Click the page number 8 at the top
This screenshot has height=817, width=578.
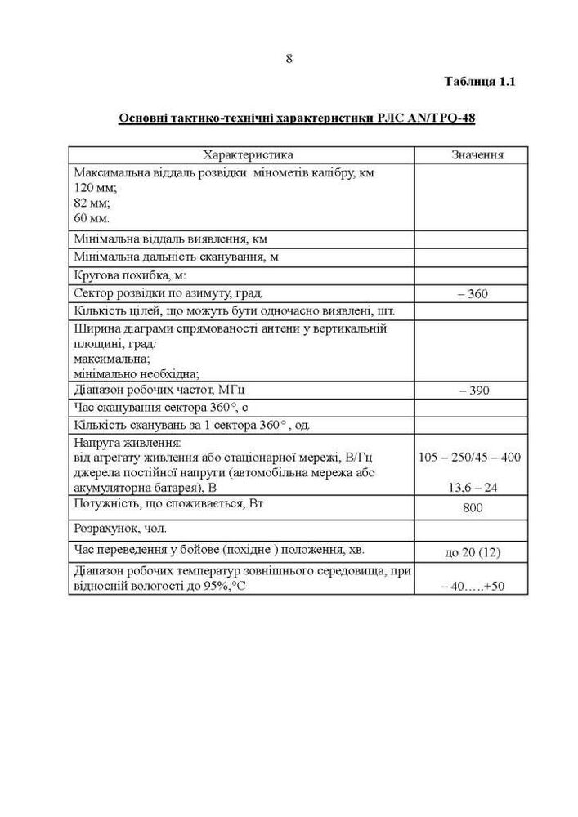click(x=289, y=58)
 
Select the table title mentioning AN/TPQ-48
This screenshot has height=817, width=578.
click(x=297, y=118)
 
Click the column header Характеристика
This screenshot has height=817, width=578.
click(x=241, y=154)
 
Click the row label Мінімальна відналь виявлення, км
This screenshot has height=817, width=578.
click(x=170, y=239)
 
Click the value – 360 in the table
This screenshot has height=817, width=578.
click(x=473, y=293)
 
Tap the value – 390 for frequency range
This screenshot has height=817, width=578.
click(x=473, y=390)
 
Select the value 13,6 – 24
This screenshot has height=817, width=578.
click(x=473, y=488)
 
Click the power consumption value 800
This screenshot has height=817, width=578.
click(x=473, y=508)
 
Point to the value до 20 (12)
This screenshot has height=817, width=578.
click(x=473, y=552)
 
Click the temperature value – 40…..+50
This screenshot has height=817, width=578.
click(x=473, y=585)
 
